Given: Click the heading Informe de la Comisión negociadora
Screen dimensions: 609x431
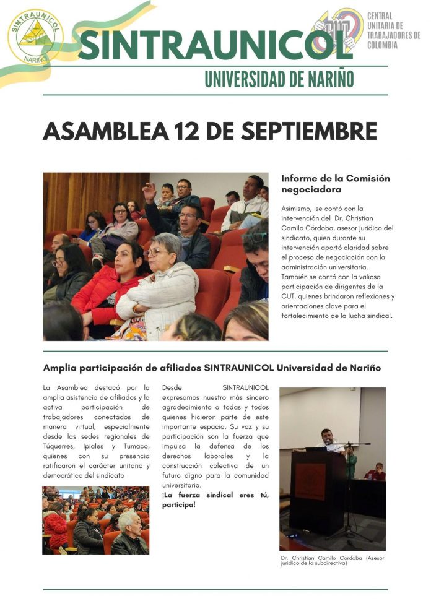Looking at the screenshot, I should (335, 184).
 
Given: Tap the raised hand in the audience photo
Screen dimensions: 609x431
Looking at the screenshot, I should (149, 192).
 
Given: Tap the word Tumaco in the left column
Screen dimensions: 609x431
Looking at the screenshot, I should (135, 446).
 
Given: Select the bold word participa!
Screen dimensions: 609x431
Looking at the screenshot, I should (178, 505).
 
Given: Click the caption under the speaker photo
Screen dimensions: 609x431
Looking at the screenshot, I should (332, 560).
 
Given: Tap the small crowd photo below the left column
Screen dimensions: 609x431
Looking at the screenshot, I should (95, 520).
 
